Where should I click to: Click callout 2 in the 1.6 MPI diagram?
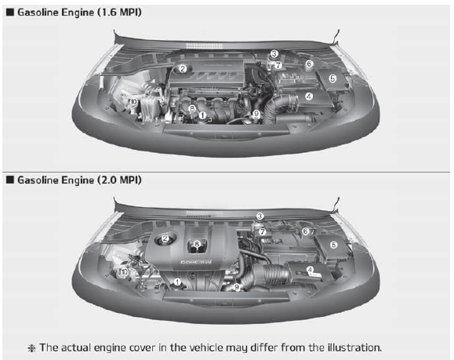pos(182,69)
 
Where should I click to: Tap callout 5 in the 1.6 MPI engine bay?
pos(332,78)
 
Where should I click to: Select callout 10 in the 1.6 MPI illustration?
pos(134,102)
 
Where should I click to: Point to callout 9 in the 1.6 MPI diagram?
pos(256,115)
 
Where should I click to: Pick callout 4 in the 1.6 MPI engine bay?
pos(309,96)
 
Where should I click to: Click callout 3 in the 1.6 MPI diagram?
pos(274,54)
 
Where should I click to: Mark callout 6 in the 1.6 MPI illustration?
pos(309,64)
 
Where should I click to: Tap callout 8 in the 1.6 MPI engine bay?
pos(192,107)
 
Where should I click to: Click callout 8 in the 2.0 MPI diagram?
pos(196,244)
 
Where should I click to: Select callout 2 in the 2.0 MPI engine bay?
pos(165,238)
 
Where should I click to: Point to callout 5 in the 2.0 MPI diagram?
pos(333,245)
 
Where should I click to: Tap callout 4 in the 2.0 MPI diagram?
pos(311,270)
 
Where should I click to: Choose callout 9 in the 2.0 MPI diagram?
pos(236,287)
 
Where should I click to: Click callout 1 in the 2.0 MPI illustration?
pos(179,281)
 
